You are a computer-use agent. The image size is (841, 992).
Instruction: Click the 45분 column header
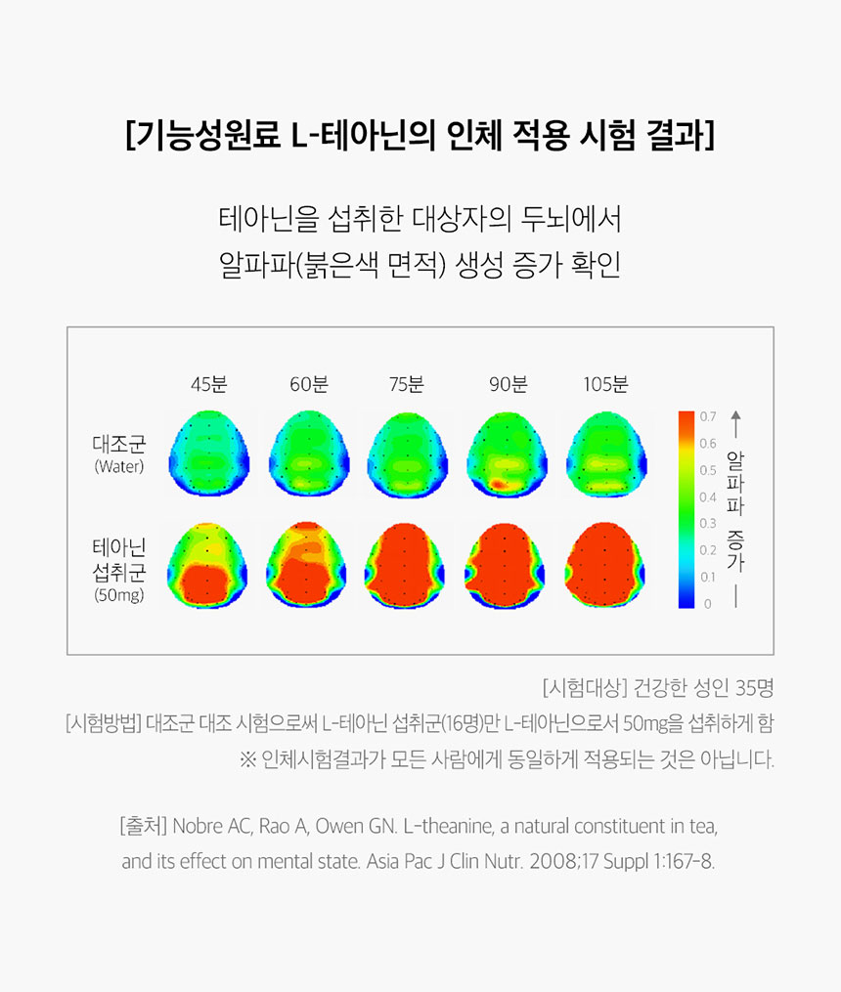point(208,384)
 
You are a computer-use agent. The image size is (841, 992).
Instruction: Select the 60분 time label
point(309,384)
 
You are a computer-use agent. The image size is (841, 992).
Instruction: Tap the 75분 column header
point(407,384)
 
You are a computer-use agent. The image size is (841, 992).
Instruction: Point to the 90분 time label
point(508,384)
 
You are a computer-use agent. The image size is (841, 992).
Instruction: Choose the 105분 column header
point(606,384)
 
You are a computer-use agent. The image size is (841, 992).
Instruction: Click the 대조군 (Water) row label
point(119,454)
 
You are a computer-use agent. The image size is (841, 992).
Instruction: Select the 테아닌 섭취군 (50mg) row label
point(119,566)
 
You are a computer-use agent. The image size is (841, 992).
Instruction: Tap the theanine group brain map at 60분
point(309,566)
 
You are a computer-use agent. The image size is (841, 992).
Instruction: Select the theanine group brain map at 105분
point(606,566)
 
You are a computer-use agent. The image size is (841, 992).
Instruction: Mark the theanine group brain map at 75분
point(407,566)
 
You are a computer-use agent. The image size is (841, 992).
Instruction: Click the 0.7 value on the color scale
point(708,417)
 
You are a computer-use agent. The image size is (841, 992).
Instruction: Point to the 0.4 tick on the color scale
point(708,497)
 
